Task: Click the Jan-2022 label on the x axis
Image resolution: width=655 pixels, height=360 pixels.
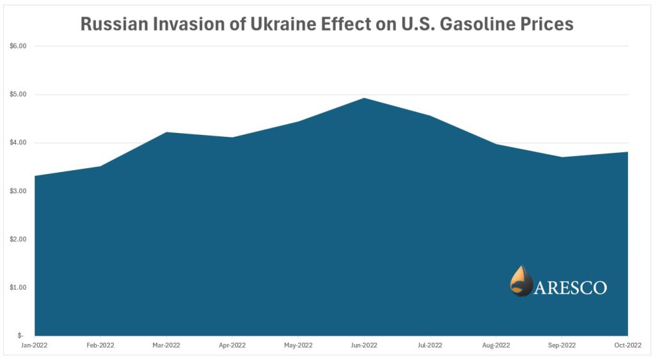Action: (x=35, y=345)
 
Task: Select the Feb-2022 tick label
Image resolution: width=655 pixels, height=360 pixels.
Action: (x=100, y=345)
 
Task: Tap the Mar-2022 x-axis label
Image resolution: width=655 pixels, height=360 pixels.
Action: (x=166, y=345)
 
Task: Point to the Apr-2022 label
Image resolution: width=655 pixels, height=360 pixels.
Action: (x=232, y=345)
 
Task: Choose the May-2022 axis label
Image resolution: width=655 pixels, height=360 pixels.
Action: (x=298, y=345)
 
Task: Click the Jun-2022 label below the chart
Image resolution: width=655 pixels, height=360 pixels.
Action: (x=364, y=345)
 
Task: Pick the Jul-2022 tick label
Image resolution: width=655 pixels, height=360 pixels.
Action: (x=430, y=345)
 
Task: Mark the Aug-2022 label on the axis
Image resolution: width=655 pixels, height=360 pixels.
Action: (x=496, y=345)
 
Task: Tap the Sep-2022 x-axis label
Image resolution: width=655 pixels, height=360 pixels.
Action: (x=562, y=345)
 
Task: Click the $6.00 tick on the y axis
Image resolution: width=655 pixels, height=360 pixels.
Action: (x=18, y=46)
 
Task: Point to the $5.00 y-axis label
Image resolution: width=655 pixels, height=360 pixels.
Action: (x=18, y=95)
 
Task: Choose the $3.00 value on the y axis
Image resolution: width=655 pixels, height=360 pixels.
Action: (x=18, y=191)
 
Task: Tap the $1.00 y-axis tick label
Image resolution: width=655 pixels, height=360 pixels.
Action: (x=18, y=287)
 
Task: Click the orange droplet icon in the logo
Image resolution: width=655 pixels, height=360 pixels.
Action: (x=521, y=281)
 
